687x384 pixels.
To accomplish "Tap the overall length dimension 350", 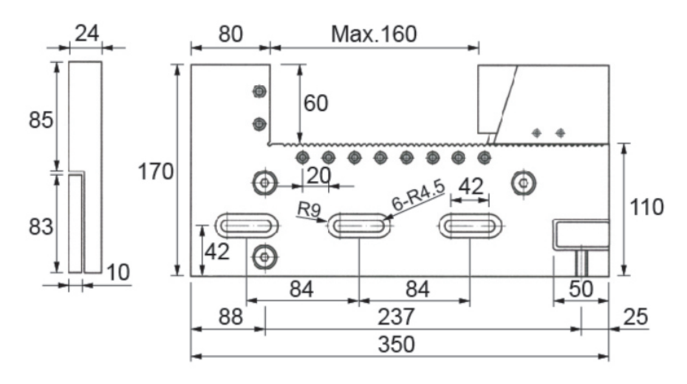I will tap(399, 344).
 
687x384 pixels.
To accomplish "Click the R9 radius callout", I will tap(310, 210).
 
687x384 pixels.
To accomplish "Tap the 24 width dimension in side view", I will tap(86, 33).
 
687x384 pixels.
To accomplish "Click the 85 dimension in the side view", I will tap(41, 120).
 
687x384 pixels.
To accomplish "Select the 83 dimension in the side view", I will tap(41, 227).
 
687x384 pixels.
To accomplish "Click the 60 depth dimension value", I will tap(315, 103).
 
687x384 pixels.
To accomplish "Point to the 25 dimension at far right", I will tap(635, 318).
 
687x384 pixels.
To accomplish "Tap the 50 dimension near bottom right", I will tap(581, 289).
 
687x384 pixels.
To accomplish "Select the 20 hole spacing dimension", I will tap(319, 176).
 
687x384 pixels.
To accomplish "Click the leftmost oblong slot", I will tap(247, 225).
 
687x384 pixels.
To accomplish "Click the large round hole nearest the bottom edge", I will tap(264, 257).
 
